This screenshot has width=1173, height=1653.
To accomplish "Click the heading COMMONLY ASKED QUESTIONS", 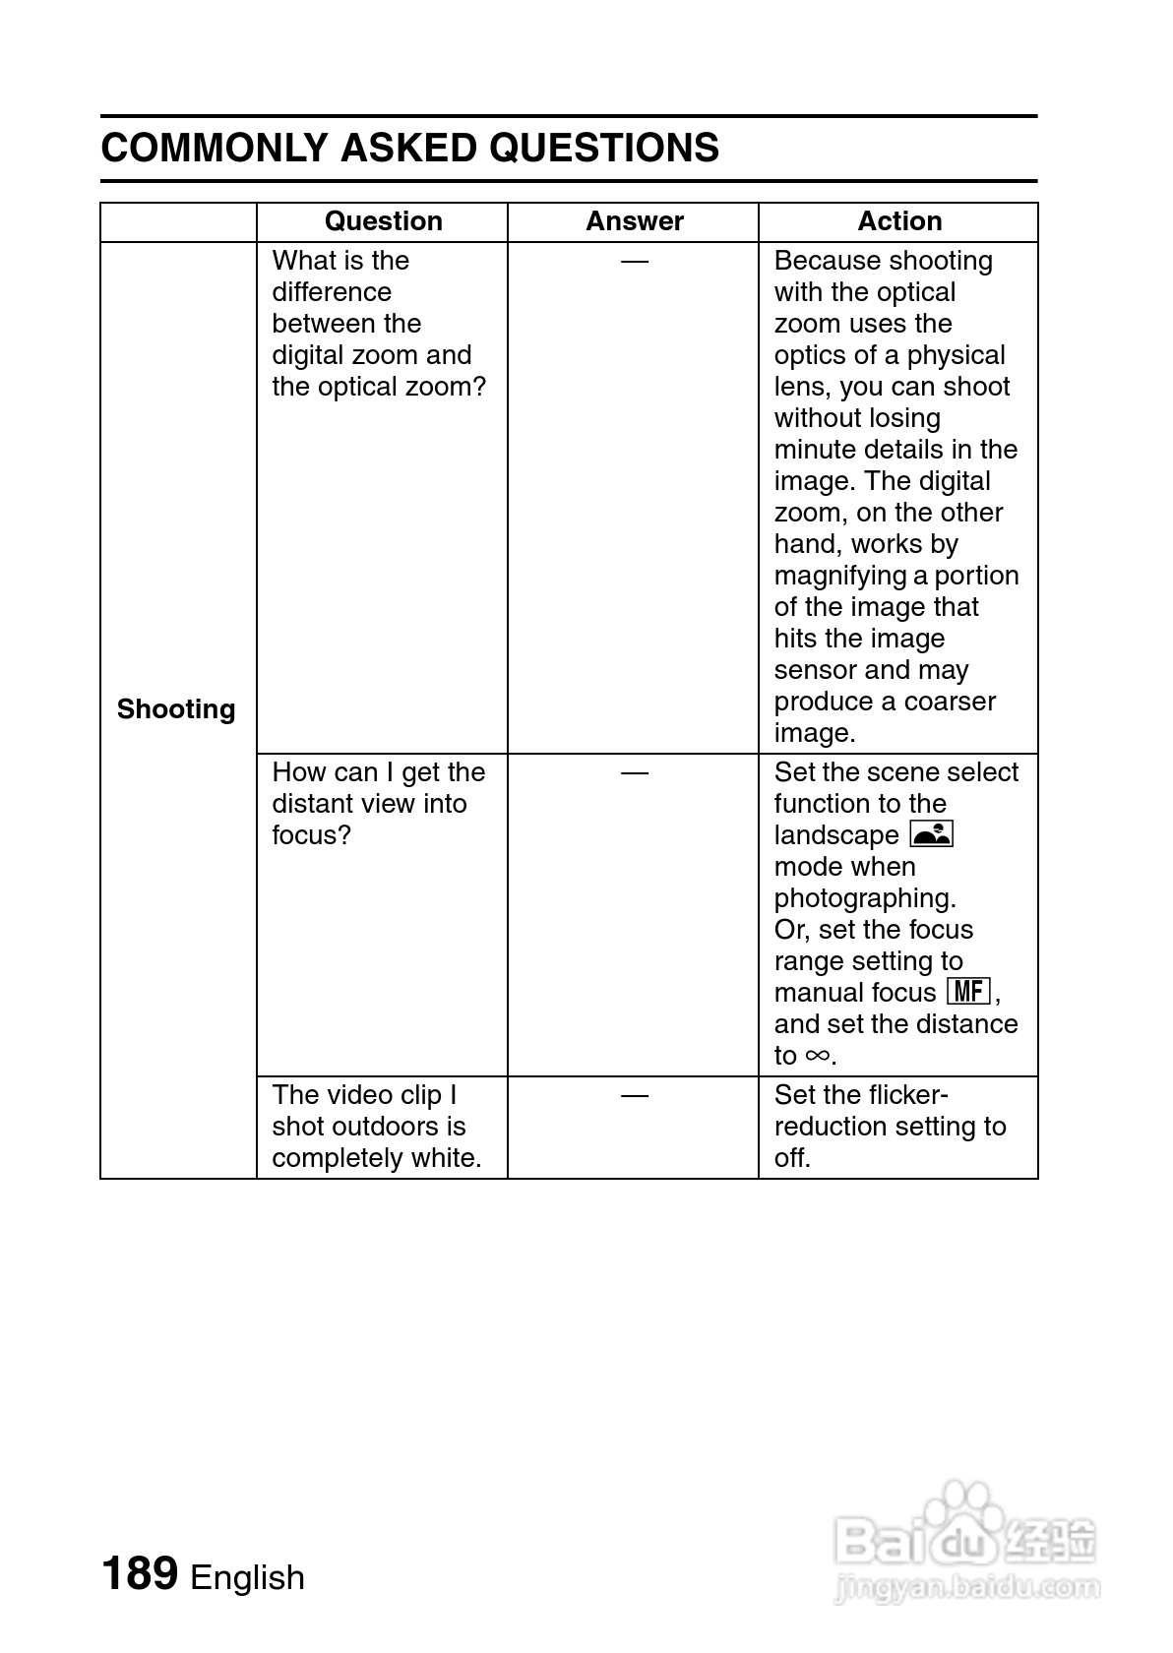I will tap(409, 149).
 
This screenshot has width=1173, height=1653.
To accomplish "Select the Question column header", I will tap(383, 221).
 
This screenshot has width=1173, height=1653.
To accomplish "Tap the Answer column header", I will tap(634, 221).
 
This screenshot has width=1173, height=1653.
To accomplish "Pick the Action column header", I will tap(898, 221).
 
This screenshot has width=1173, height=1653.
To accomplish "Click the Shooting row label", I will tap(176, 709).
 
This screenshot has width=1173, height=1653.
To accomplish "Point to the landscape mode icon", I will tap(932, 834).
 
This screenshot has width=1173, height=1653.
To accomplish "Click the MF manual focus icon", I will tap(968, 991).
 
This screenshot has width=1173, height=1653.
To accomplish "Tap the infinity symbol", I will tap(817, 1055).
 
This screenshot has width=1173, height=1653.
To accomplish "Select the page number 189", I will tap(139, 1573).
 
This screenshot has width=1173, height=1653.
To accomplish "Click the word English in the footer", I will tap(247, 1577).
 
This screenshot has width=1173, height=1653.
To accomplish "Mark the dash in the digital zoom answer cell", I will tap(635, 261).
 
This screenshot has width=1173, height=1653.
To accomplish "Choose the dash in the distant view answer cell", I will tap(635, 772).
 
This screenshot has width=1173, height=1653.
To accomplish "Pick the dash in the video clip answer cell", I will tap(635, 1095).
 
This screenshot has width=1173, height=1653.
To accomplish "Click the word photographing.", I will tap(864, 898).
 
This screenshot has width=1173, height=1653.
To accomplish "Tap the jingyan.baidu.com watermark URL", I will tap(966, 1586).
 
